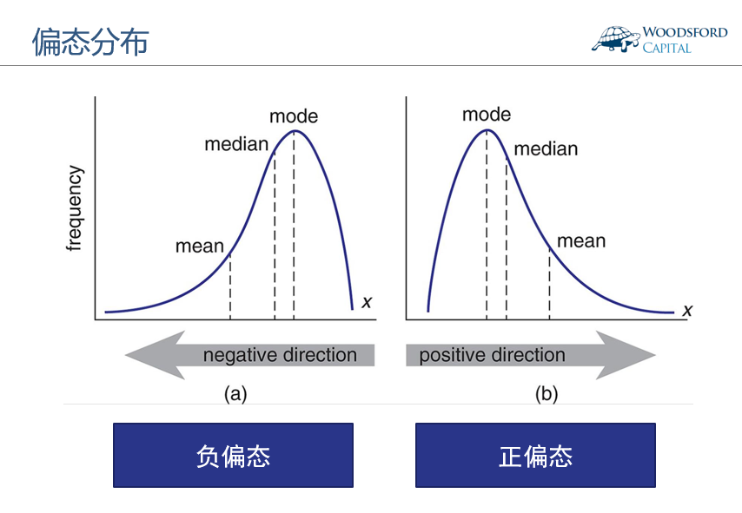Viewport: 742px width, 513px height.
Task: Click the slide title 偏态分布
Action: pyautogui.click(x=90, y=42)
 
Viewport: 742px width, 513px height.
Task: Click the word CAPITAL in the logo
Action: pyautogui.click(x=666, y=49)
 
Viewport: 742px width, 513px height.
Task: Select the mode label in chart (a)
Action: pyautogui.click(x=294, y=116)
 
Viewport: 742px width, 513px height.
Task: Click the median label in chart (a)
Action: pyautogui.click(x=236, y=144)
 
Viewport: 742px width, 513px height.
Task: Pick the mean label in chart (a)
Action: pyautogui.click(x=200, y=247)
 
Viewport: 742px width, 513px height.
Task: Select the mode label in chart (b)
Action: pyautogui.click(x=487, y=115)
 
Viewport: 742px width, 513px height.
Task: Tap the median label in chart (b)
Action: pyautogui.click(x=546, y=149)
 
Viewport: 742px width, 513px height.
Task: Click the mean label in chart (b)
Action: pyautogui.click(x=581, y=241)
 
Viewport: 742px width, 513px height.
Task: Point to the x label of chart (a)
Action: pyautogui.click(x=367, y=302)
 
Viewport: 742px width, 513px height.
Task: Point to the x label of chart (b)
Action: pyautogui.click(x=687, y=310)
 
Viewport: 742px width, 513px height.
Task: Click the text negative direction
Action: pyautogui.click(x=280, y=355)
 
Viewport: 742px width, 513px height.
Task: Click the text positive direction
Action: pyautogui.click(x=492, y=355)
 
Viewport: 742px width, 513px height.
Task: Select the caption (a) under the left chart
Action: pyautogui.click(x=235, y=394)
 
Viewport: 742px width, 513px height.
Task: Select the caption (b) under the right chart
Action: pyautogui.click(x=547, y=394)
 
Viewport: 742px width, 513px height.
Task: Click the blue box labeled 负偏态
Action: pyautogui.click(x=233, y=455)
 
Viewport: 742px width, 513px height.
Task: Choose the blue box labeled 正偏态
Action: pyautogui.click(x=535, y=455)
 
